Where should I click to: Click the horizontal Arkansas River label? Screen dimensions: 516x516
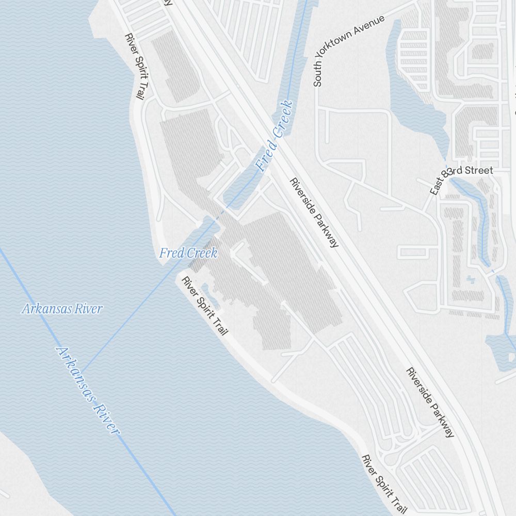click(62, 309)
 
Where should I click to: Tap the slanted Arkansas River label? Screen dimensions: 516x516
click(88, 390)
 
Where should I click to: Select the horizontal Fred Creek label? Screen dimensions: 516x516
click(188, 253)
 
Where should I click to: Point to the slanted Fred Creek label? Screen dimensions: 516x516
click(275, 136)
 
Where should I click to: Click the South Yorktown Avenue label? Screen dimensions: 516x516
click(349, 51)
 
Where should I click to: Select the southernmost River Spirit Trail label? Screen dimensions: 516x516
click(381, 483)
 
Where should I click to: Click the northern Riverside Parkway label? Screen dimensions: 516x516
click(314, 213)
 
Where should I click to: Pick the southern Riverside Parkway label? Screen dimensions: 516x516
click(431, 402)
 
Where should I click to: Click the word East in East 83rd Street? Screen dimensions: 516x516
click(436, 186)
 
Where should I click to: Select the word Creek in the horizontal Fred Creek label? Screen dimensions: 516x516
click(202, 253)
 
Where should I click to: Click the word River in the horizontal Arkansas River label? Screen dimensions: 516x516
click(89, 309)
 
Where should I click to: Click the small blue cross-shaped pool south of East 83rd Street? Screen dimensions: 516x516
click(469, 280)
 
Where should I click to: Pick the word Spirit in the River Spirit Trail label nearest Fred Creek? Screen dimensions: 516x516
click(206, 308)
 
